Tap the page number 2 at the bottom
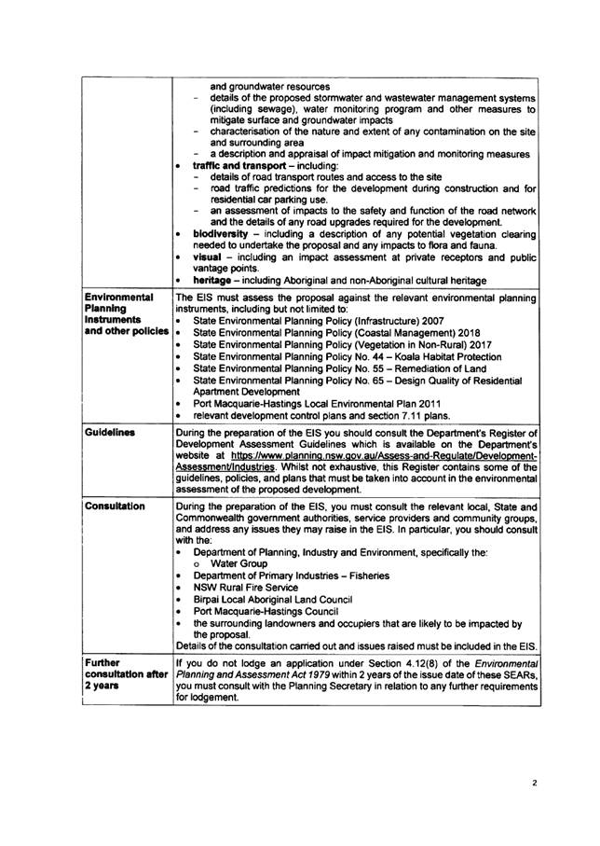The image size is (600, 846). click(534, 785)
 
